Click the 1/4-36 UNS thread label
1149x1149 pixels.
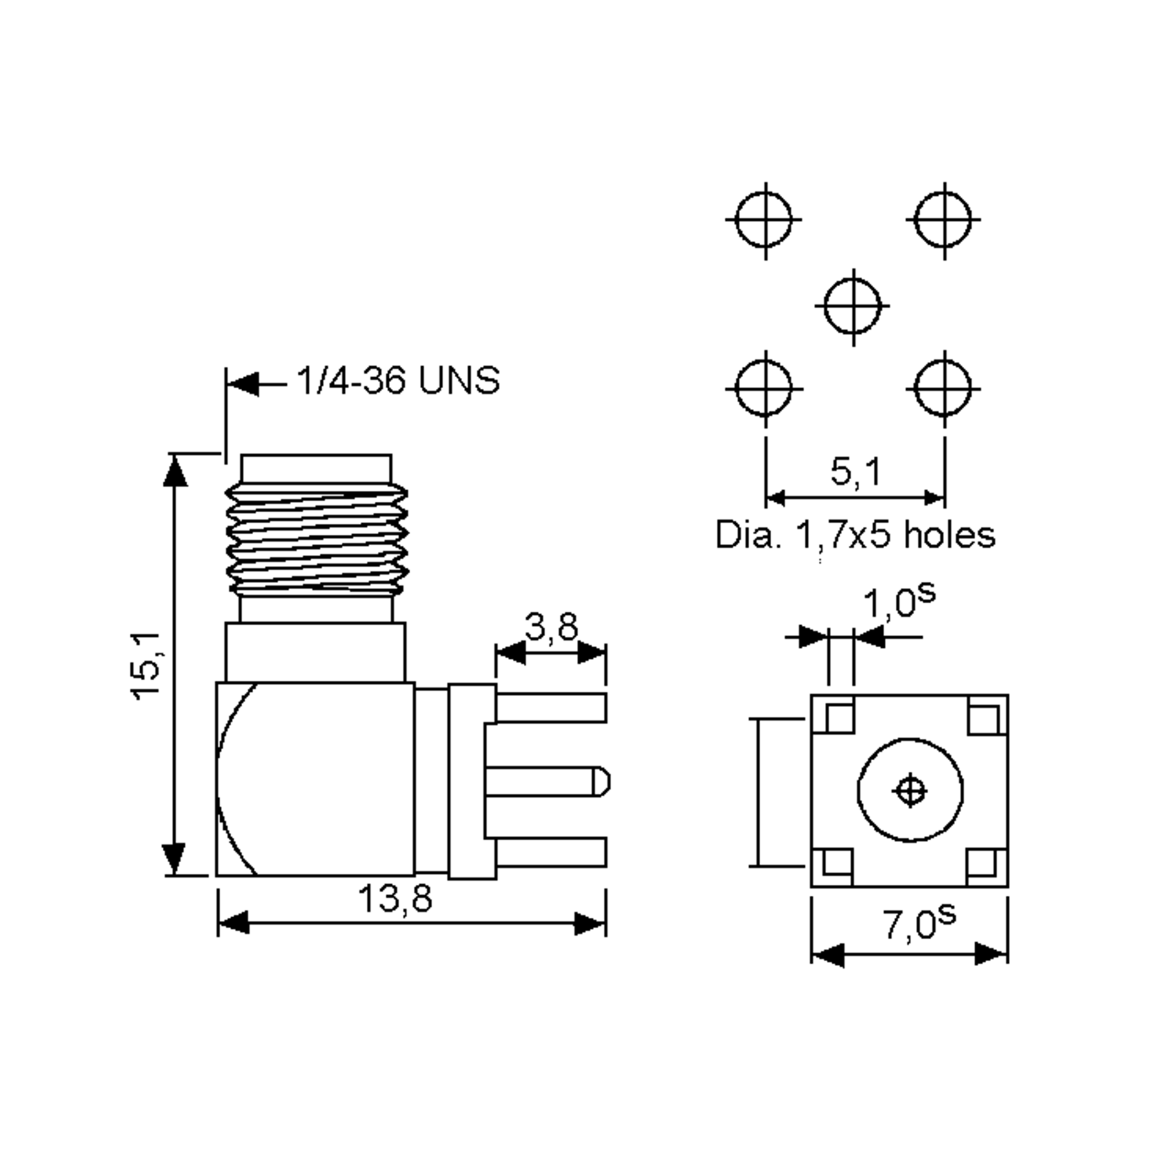coord(398,381)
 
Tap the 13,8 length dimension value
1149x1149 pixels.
coord(394,898)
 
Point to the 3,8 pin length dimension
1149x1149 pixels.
coord(551,626)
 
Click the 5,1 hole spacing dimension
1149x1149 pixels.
coord(855,472)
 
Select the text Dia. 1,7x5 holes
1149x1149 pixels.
coord(855,535)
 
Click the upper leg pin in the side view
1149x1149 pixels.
coord(551,708)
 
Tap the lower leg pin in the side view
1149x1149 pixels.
coord(551,852)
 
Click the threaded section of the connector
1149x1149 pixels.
coord(316,540)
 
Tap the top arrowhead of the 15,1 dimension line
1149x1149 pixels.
coord(175,471)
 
